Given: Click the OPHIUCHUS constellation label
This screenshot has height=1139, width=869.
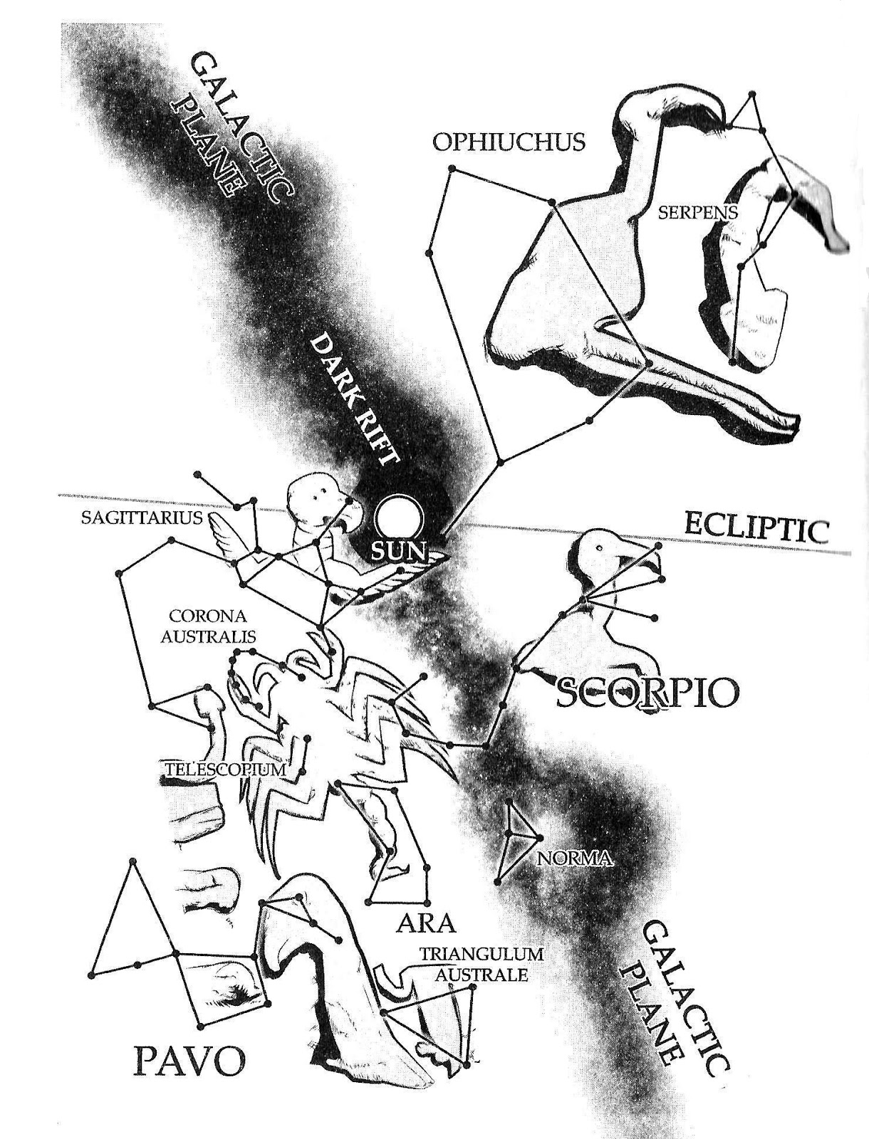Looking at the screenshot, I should pos(509,142).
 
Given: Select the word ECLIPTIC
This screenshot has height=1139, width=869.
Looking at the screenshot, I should pos(756,529).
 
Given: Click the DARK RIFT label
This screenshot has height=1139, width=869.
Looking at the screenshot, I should pos(355,399).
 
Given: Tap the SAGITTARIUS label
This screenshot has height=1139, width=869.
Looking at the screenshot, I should pos(142,518).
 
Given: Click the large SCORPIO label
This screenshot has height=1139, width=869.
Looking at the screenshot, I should pos(646,692).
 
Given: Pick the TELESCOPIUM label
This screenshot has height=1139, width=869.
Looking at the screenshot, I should pos(225,770).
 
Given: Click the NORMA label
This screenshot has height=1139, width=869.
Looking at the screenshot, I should pos(576,858).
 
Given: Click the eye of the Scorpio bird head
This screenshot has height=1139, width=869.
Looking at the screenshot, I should pos(600,548).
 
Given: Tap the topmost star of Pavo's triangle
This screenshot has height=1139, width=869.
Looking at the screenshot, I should pos(131,862).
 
